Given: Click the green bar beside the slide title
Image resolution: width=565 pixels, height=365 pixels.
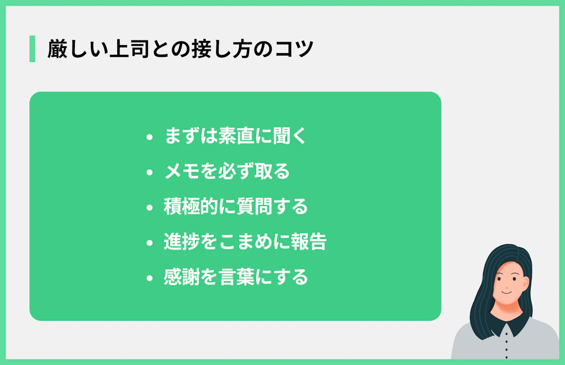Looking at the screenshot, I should [x=32, y=48].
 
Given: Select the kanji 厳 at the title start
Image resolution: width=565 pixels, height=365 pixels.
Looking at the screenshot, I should [x=56, y=49].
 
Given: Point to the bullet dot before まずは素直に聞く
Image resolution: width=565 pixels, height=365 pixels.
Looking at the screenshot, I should [x=150, y=138].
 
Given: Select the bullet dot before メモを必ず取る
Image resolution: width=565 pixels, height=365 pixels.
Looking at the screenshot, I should [x=150, y=173].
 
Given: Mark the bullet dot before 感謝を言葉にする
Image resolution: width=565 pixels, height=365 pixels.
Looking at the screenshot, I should [x=150, y=278].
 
